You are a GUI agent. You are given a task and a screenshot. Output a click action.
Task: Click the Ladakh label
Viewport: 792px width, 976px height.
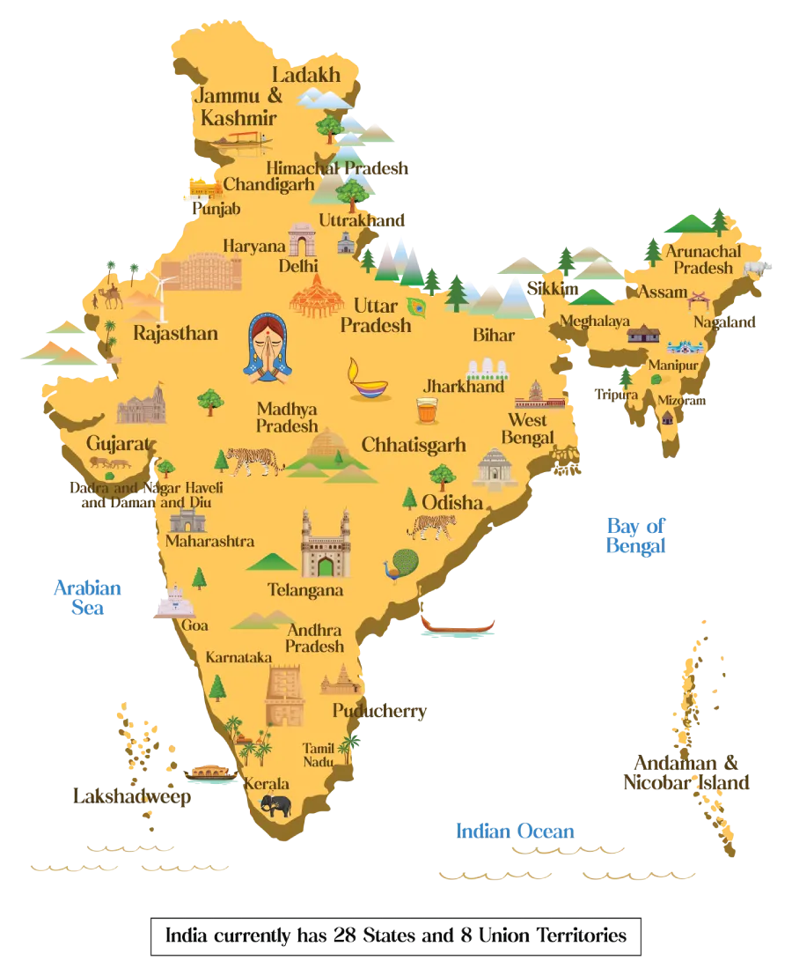click(305, 75)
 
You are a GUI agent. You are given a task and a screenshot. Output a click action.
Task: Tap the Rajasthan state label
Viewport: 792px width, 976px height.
click(175, 333)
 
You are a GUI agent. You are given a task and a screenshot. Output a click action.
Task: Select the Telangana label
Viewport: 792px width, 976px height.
click(305, 590)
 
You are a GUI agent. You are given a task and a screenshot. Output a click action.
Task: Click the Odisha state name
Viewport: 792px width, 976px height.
click(452, 502)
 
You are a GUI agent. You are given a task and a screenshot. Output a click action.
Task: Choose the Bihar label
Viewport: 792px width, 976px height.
click(494, 335)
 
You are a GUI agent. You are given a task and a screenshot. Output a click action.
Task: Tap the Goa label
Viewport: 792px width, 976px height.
click(194, 625)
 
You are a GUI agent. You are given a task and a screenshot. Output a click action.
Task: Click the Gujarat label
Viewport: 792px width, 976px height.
click(120, 442)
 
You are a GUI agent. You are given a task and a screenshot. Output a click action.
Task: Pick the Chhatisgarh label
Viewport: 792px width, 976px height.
click(413, 444)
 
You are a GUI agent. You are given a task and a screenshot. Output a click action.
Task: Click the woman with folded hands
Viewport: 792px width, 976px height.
click(270, 346)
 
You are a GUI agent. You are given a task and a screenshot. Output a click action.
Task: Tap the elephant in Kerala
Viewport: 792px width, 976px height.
click(276, 805)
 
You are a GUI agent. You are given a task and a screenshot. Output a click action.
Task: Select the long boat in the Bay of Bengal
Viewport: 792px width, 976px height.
click(458, 625)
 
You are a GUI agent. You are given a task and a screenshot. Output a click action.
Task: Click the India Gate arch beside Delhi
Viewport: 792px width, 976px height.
click(301, 239)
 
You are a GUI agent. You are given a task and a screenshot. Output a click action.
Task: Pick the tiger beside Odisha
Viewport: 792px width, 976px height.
click(432, 526)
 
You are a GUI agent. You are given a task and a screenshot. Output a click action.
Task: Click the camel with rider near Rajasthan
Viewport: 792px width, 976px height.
click(111, 295)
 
